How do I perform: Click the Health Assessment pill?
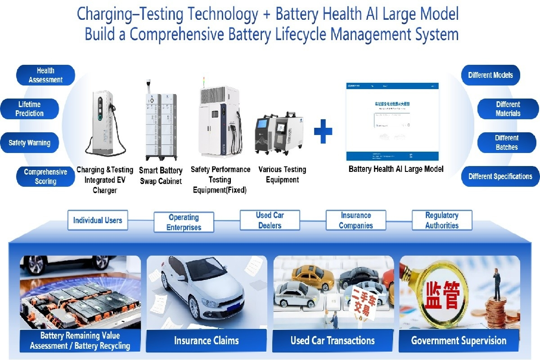[x=45, y=75]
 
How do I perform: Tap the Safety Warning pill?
[x=30, y=143]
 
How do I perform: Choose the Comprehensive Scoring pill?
[x=45, y=176]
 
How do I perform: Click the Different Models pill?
[x=490, y=75]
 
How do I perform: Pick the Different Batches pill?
[x=507, y=143]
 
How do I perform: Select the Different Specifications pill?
[x=500, y=176]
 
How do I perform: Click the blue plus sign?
[x=323, y=131]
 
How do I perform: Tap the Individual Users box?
[x=98, y=220]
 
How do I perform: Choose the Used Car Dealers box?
[x=270, y=220]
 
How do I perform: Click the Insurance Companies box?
[x=356, y=220]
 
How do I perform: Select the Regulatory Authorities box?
[x=442, y=220]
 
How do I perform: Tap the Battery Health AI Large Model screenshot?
[x=392, y=121]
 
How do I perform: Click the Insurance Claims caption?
[x=207, y=341]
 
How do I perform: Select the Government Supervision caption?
[x=459, y=341]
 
